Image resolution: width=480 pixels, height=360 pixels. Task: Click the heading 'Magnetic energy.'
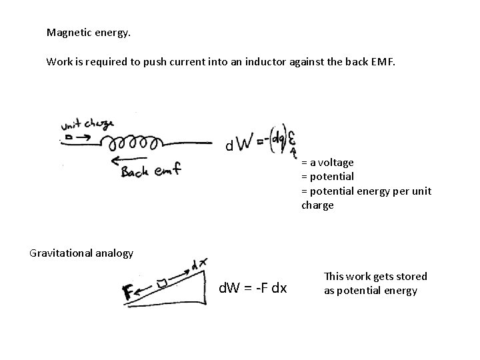tap(83, 32)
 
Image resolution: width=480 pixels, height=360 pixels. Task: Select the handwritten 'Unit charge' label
tap(87, 125)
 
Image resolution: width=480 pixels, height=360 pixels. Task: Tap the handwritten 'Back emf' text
tap(151, 172)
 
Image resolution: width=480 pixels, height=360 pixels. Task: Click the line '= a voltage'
tap(327, 162)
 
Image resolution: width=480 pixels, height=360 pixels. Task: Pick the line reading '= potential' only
tap(327, 177)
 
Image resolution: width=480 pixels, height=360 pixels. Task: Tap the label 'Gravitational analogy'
tap(81, 253)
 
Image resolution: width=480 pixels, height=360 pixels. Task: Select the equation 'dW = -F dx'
tap(253, 289)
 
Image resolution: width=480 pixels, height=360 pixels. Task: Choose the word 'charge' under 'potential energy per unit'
tap(317, 205)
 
